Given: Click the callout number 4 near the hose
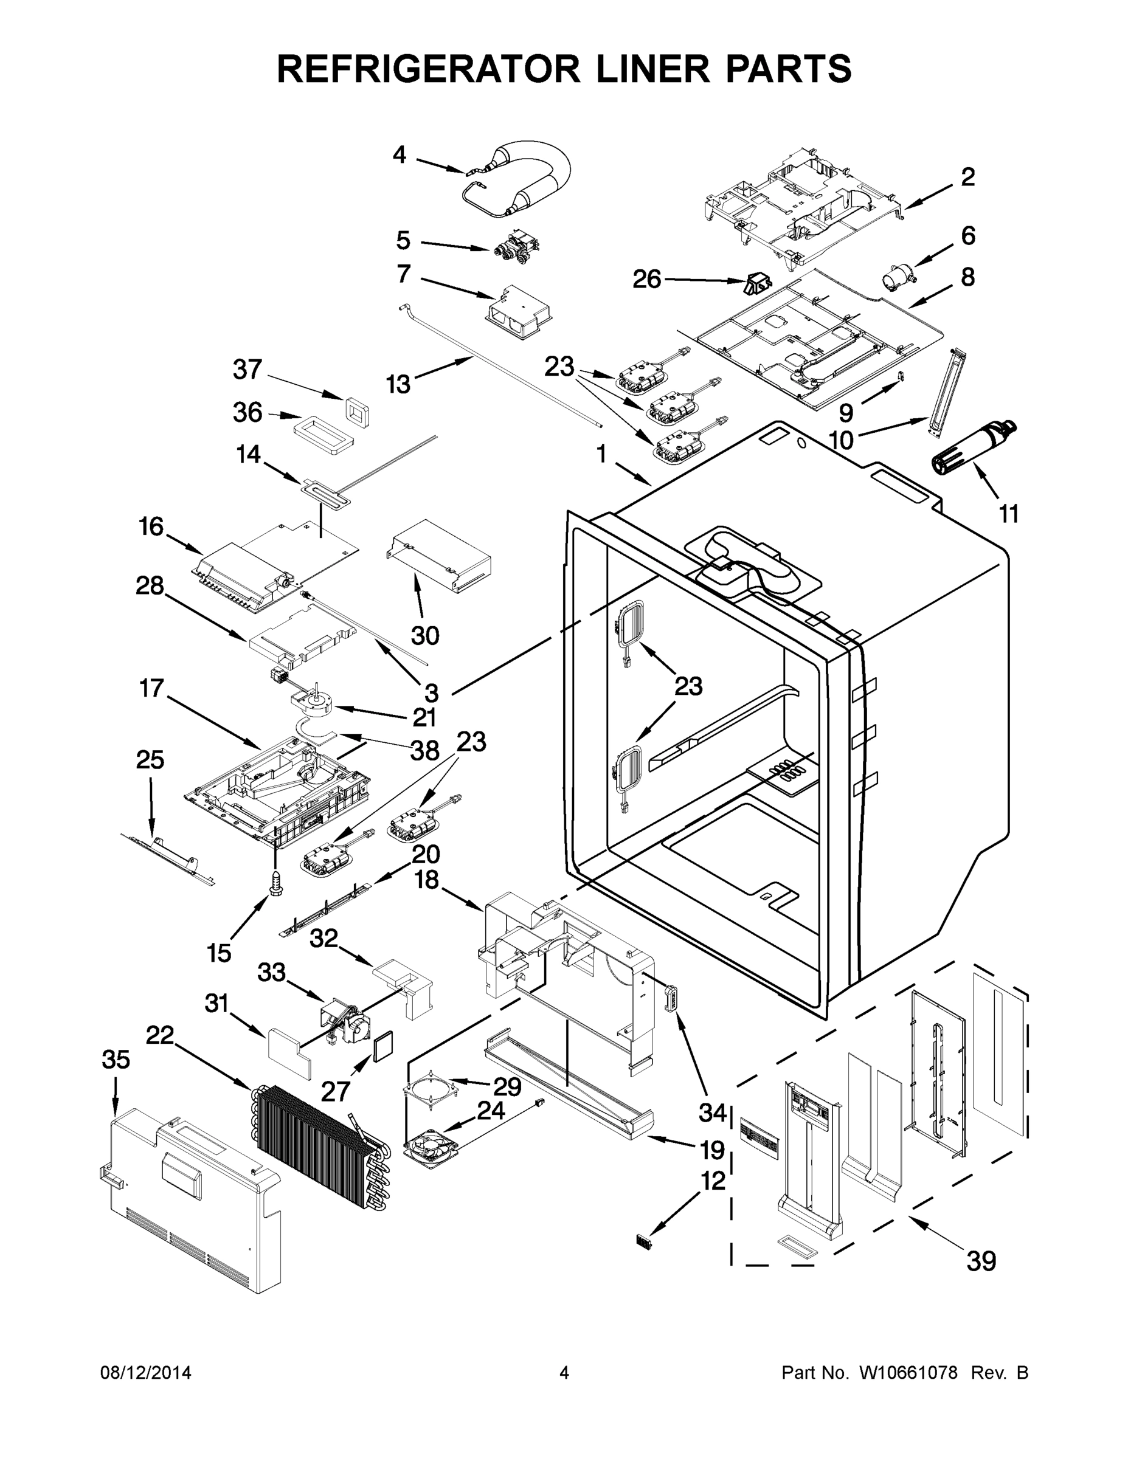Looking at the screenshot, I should pos(399,155).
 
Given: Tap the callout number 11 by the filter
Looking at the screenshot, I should pos(1008,514).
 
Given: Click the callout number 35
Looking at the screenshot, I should pos(116,1059).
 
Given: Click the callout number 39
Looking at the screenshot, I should pos(981,1261).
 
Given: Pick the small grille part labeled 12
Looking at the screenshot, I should pos(644,1242).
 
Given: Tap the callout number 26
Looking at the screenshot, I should pos(646,279).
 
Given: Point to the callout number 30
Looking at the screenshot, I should pos(425,635).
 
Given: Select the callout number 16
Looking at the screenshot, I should pos(151,526).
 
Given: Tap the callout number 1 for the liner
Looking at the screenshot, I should pos(601,454).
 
